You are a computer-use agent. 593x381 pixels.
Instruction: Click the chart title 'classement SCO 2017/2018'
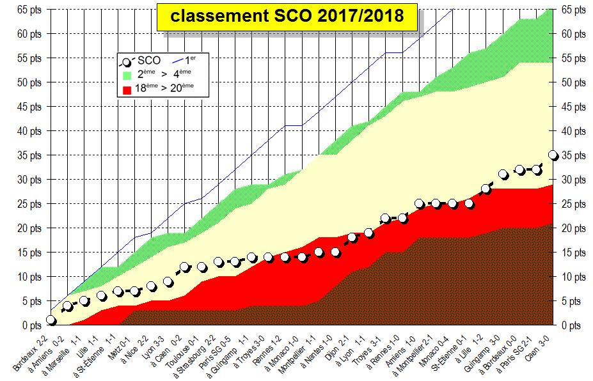point(287,16)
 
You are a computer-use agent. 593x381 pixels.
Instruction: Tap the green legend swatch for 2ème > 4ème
point(127,75)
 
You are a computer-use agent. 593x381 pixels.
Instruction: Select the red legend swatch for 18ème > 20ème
point(127,89)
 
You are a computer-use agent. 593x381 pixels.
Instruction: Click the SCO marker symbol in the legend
point(127,61)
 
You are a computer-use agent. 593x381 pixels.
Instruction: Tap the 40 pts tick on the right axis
point(573,131)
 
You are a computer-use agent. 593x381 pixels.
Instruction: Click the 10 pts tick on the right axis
point(573,277)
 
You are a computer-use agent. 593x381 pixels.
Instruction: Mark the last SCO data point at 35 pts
point(553,155)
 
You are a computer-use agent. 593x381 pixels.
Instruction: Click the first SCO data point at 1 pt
point(51,320)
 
